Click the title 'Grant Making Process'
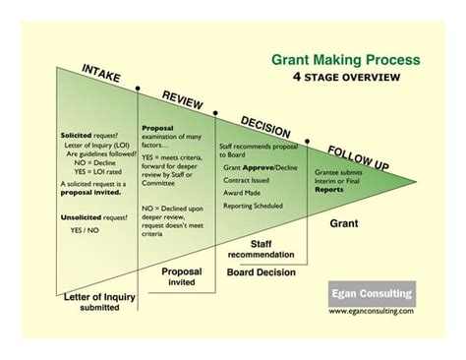click(345, 59)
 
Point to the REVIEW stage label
click(183, 102)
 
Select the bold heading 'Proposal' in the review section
click(157, 128)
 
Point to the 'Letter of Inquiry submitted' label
click(88, 301)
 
